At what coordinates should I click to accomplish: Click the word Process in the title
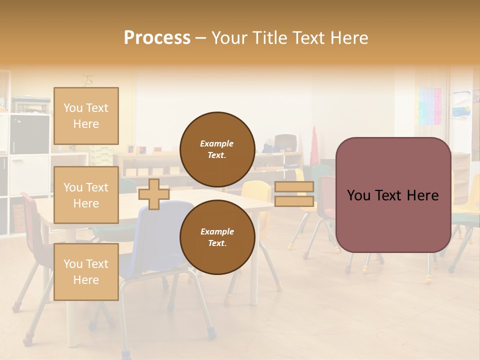pos(157,38)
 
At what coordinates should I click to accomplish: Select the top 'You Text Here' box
pos(86,116)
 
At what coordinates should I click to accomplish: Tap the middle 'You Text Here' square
pos(86,195)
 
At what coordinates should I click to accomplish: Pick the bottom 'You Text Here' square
pos(86,272)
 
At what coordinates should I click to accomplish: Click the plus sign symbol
pos(154,194)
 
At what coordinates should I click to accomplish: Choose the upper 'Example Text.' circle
pos(217,149)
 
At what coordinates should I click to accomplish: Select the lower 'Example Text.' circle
pos(217,237)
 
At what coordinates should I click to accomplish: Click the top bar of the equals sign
pos(294,187)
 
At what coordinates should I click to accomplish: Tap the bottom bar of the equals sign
pos(294,201)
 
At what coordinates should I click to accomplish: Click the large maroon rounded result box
pos(393,195)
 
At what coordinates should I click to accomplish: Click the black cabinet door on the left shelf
pos(29,134)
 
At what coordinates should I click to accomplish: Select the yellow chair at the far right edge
pos(474,200)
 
